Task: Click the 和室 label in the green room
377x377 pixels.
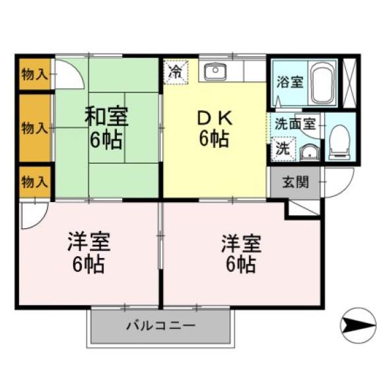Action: click(106, 116)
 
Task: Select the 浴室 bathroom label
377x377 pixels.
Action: click(290, 83)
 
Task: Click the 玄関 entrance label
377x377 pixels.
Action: click(295, 182)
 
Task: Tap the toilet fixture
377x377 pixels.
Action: click(339, 141)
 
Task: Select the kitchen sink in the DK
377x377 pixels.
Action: click(215, 71)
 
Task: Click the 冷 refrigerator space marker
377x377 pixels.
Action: click(176, 71)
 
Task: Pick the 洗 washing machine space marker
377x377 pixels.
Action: click(282, 149)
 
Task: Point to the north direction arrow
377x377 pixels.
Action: click(357, 326)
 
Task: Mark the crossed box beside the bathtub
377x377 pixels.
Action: click(350, 83)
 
